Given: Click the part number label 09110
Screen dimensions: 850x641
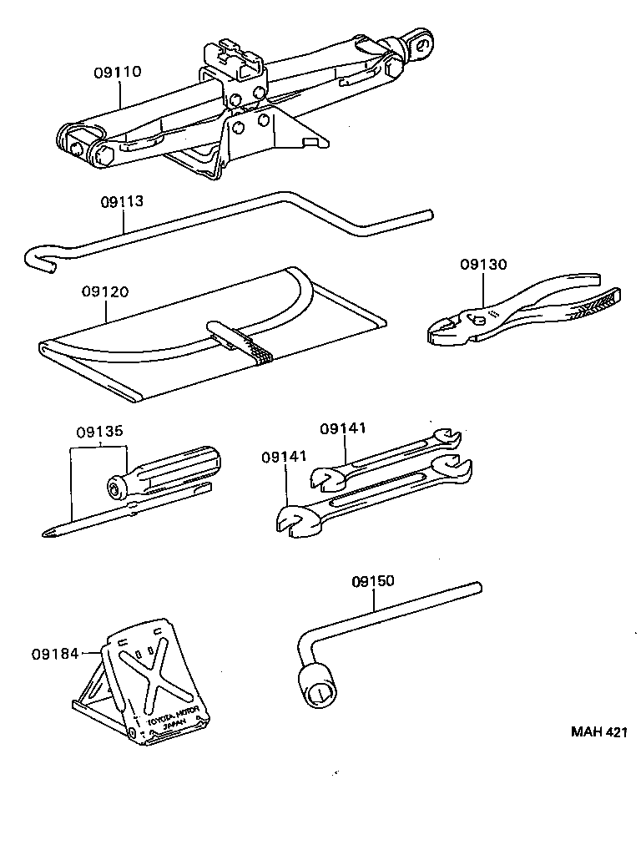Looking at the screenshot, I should point(117,73).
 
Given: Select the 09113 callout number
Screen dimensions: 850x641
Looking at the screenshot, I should point(123,201).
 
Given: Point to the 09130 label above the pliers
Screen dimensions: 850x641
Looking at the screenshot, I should point(483,265).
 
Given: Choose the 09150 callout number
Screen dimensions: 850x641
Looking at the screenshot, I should point(373,581).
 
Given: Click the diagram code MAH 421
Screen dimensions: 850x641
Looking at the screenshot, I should point(598,731).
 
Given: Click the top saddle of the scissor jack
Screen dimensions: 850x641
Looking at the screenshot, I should point(241,52).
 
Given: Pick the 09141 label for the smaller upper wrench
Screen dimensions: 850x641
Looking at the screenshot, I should point(343,428).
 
